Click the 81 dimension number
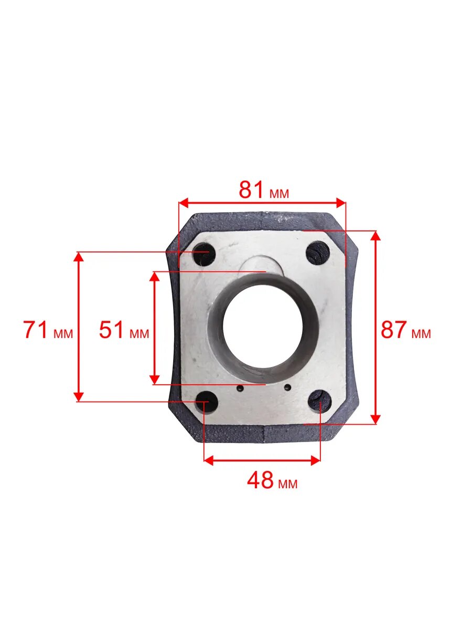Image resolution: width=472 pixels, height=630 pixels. tap(251, 190)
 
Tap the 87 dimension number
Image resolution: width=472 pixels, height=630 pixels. tap(394, 330)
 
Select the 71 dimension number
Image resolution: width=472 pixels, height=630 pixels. tap(35, 330)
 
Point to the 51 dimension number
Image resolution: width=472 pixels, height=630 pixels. tap(111, 330)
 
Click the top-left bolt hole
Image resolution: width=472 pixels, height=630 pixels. tap(205, 254)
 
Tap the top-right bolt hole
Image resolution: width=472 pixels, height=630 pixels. tap(318, 253)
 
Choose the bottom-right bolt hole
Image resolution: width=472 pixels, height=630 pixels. tap(320, 401)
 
